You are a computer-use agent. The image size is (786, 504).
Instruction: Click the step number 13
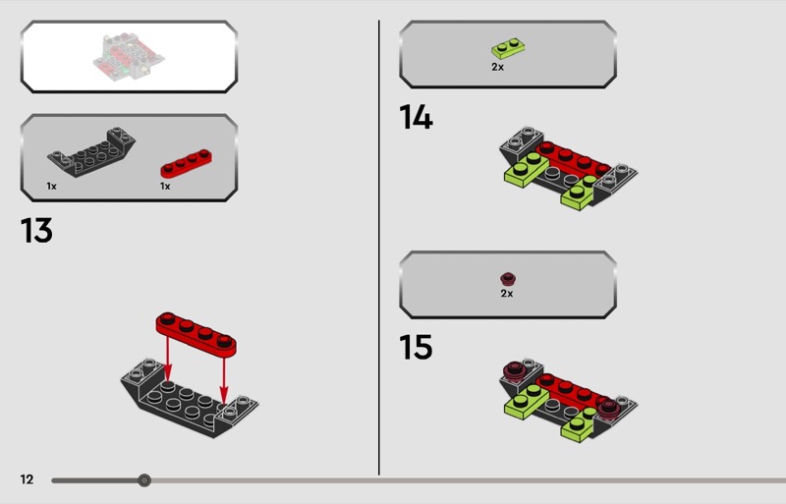(36, 231)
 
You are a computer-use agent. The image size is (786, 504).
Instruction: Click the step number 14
(416, 117)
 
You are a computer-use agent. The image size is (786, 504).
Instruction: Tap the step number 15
(416, 347)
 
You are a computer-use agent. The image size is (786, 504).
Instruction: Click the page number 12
(28, 479)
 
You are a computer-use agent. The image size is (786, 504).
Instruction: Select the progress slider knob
(143, 480)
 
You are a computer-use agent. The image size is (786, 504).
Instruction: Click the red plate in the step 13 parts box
(186, 163)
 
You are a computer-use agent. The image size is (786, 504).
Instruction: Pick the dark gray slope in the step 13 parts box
(91, 152)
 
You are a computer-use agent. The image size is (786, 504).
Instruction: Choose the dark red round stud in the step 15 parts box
(508, 279)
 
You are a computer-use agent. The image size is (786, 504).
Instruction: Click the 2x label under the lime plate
(498, 67)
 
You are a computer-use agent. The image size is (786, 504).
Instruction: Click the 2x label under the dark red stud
(507, 294)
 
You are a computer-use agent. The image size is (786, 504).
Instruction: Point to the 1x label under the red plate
(165, 186)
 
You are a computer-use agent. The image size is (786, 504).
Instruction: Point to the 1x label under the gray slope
(52, 186)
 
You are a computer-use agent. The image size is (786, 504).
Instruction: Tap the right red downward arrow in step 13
(224, 378)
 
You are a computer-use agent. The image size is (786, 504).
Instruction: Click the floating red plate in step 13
(196, 334)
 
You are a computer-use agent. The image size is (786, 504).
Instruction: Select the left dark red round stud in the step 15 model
(514, 371)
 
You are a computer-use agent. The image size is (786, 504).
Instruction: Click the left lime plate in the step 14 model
(527, 170)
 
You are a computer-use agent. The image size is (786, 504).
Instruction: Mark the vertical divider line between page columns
(379, 248)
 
